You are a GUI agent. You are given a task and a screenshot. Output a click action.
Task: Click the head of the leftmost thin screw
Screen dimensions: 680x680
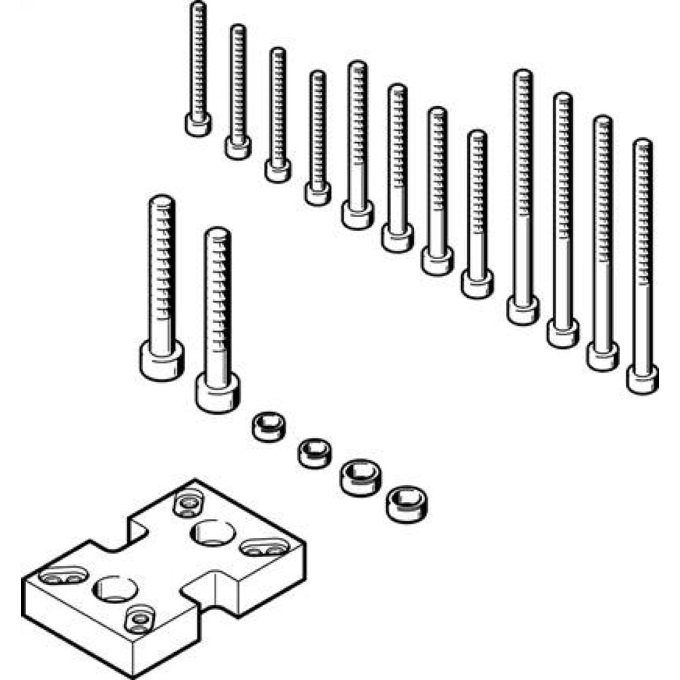[198, 124]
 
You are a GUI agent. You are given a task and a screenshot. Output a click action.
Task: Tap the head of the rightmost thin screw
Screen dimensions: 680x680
[642, 379]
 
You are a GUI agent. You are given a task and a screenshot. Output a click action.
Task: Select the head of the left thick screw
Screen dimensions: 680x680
[162, 358]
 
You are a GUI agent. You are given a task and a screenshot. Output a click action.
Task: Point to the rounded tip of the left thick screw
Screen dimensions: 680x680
[163, 201]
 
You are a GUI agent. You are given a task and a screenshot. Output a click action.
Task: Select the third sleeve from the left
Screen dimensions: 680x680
[360, 477]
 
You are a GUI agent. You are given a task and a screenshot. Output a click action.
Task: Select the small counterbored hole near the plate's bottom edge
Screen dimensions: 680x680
[139, 619]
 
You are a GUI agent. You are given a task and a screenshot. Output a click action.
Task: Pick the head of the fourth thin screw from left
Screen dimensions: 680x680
[318, 193]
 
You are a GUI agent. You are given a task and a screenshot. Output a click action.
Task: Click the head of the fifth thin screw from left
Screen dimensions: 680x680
[357, 216]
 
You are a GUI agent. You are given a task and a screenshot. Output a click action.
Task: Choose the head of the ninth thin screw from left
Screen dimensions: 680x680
[523, 311]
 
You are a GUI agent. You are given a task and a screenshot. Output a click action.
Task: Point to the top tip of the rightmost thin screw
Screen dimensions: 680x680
[642, 143]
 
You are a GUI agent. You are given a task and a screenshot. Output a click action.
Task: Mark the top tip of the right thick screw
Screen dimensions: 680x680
[217, 233]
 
